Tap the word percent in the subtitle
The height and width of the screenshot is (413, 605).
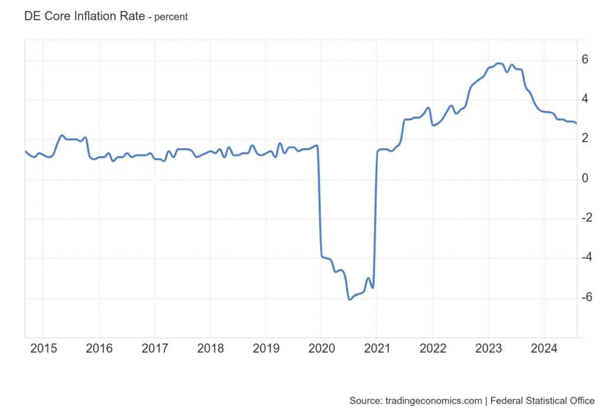pos(171,17)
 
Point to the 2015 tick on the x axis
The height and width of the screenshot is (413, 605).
pos(43,348)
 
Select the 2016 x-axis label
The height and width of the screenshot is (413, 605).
pos(99,348)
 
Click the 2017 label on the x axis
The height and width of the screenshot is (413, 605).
pos(154,348)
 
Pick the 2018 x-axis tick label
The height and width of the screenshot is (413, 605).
pos(210,348)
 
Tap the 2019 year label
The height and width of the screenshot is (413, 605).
pos(265,348)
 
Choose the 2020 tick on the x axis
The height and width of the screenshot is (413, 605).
pos(321,348)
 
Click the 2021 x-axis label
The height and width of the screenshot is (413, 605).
pos(376,348)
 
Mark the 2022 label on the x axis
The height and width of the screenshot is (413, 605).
pos(432,348)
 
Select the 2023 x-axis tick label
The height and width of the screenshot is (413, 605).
pos(488,348)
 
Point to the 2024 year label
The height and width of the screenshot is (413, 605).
pos(544,348)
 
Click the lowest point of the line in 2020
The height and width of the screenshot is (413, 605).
pos(350,300)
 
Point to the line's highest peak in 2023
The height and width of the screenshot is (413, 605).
pos(499,63)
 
